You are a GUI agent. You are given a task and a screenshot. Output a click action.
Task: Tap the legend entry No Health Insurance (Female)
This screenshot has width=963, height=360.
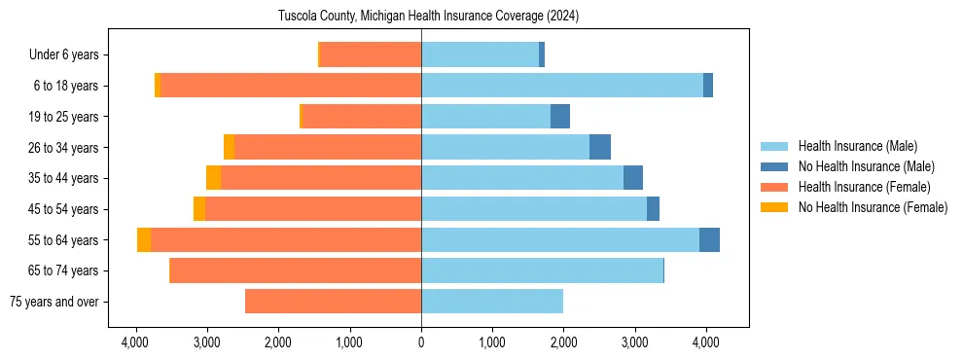click(873, 207)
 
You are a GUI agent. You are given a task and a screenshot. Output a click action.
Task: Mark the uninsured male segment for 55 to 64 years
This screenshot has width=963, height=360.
click(709, 239)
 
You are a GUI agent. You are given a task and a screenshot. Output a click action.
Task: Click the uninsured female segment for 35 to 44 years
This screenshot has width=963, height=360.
click(213, 178)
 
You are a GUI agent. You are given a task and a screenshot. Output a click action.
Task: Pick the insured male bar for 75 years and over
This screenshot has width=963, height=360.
click(492, 302)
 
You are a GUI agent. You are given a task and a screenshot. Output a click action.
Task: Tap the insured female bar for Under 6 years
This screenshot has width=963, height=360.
click(371, 55)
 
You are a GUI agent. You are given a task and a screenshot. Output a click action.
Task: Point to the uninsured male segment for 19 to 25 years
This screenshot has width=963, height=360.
click(560, 117)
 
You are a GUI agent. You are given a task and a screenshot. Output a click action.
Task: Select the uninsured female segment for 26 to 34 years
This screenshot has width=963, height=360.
click(229, 147)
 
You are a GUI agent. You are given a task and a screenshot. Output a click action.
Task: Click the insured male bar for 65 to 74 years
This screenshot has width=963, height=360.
click(542, 270)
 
